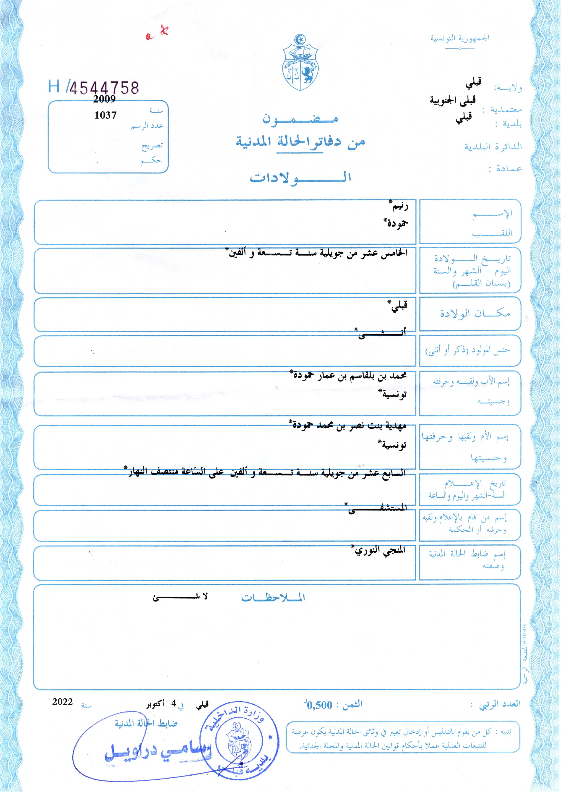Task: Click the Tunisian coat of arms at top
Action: (x=301, y=63)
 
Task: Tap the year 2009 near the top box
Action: (x=104, y=99)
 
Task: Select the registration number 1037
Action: (x=105, y=115)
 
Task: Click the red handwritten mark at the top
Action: (x=158, y=33)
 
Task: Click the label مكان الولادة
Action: (x=475, y=314)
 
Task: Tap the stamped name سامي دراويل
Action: (x=157, y=753)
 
